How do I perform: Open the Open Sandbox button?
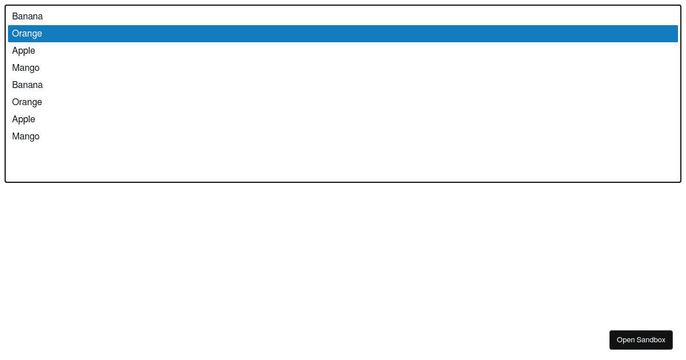tap(641, 340)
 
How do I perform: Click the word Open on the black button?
tap(625, 340)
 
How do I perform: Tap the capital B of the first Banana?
tap(15, 17)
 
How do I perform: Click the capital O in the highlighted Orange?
tap(15, 34)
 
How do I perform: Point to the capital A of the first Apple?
tap(15, 51)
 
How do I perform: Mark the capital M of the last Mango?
tap(16, 137)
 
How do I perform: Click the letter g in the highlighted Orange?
tap(34, 35)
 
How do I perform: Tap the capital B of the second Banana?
tap(15, 85)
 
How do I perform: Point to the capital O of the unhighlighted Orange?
tap(15, 102)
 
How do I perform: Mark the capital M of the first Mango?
tap(16, 68)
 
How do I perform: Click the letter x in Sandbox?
tap(663, 341)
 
